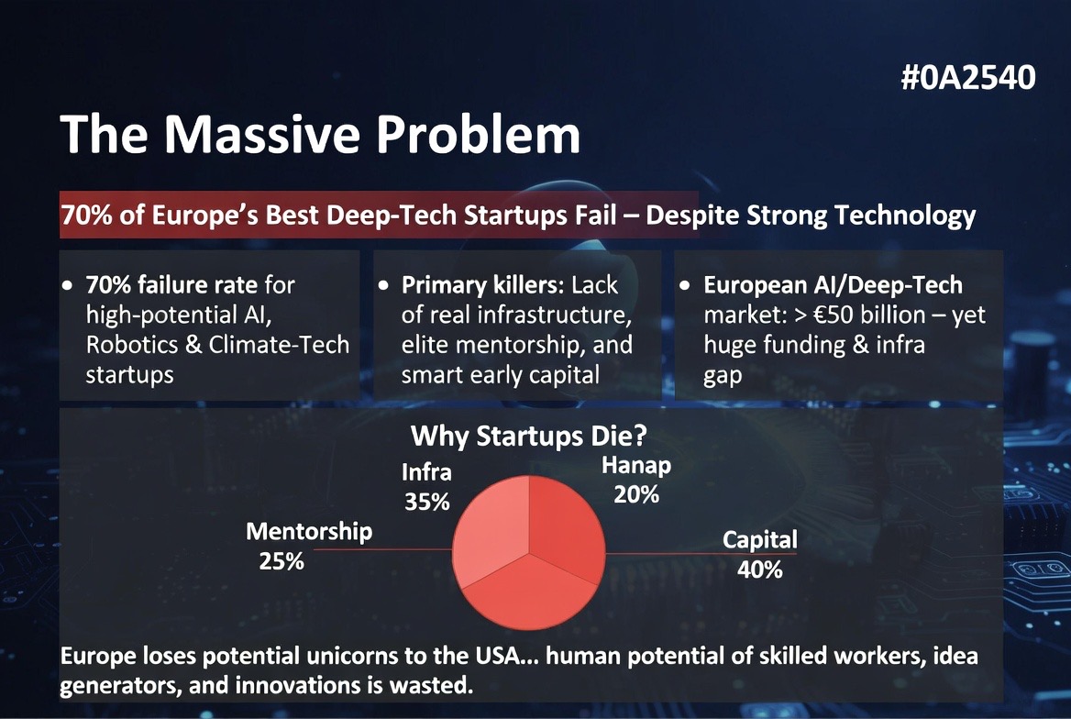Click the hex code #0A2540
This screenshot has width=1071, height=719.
coord(968,77)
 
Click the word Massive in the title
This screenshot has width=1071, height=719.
coord(261,133)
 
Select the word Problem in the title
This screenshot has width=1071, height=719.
coord(478,133)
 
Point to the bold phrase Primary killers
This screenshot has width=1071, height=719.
coord(483,285)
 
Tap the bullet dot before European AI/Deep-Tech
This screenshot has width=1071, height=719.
coord(684,286)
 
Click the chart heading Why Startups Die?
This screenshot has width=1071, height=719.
coord(529,436)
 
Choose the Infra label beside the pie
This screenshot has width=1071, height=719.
coord(426,472)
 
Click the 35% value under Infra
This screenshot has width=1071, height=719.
coord(427,503)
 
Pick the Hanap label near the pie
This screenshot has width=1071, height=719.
coord(636,466)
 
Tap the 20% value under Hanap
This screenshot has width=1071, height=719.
coord(636,495)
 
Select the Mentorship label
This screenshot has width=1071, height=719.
coord(309,532)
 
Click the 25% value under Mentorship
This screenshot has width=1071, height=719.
coord(282,562)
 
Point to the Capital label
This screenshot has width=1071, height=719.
coord(759,540)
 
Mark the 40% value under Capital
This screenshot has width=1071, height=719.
coord(759,570)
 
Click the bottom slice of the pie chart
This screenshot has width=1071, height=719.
coord(529,594)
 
